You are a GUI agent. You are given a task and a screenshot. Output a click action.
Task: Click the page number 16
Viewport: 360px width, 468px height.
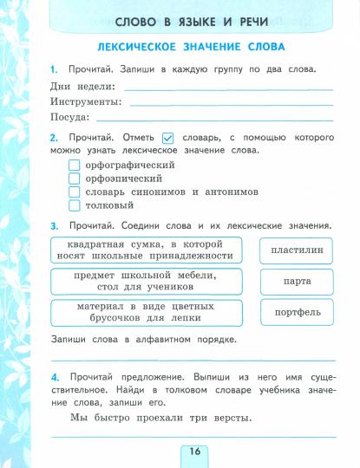[193, 452]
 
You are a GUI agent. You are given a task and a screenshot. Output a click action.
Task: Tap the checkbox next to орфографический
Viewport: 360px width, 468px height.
[74, 165]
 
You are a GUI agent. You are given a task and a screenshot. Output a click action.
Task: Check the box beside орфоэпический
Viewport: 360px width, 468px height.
[74, 179]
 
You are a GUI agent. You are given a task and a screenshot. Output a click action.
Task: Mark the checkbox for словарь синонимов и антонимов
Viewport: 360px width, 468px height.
[74, 192]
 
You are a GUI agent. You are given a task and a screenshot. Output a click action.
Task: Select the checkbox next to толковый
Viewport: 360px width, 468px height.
[74, 206]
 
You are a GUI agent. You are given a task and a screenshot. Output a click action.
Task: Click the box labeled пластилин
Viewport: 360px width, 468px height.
[297, 250]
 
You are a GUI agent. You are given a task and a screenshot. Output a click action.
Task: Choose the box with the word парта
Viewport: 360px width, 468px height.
[297, 282]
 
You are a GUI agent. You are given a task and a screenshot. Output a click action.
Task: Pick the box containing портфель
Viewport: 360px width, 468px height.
[297, 313]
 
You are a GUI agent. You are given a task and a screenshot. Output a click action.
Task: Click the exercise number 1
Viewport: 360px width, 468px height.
[54, 68]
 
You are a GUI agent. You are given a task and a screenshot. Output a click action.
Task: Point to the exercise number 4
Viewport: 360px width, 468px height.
[55, 378]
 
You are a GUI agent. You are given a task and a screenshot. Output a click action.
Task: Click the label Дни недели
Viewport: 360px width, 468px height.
[82, 86]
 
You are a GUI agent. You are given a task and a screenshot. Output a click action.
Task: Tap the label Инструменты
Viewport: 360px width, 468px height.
[88, 101]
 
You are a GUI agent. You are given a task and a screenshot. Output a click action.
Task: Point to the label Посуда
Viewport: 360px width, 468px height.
[70, 117]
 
